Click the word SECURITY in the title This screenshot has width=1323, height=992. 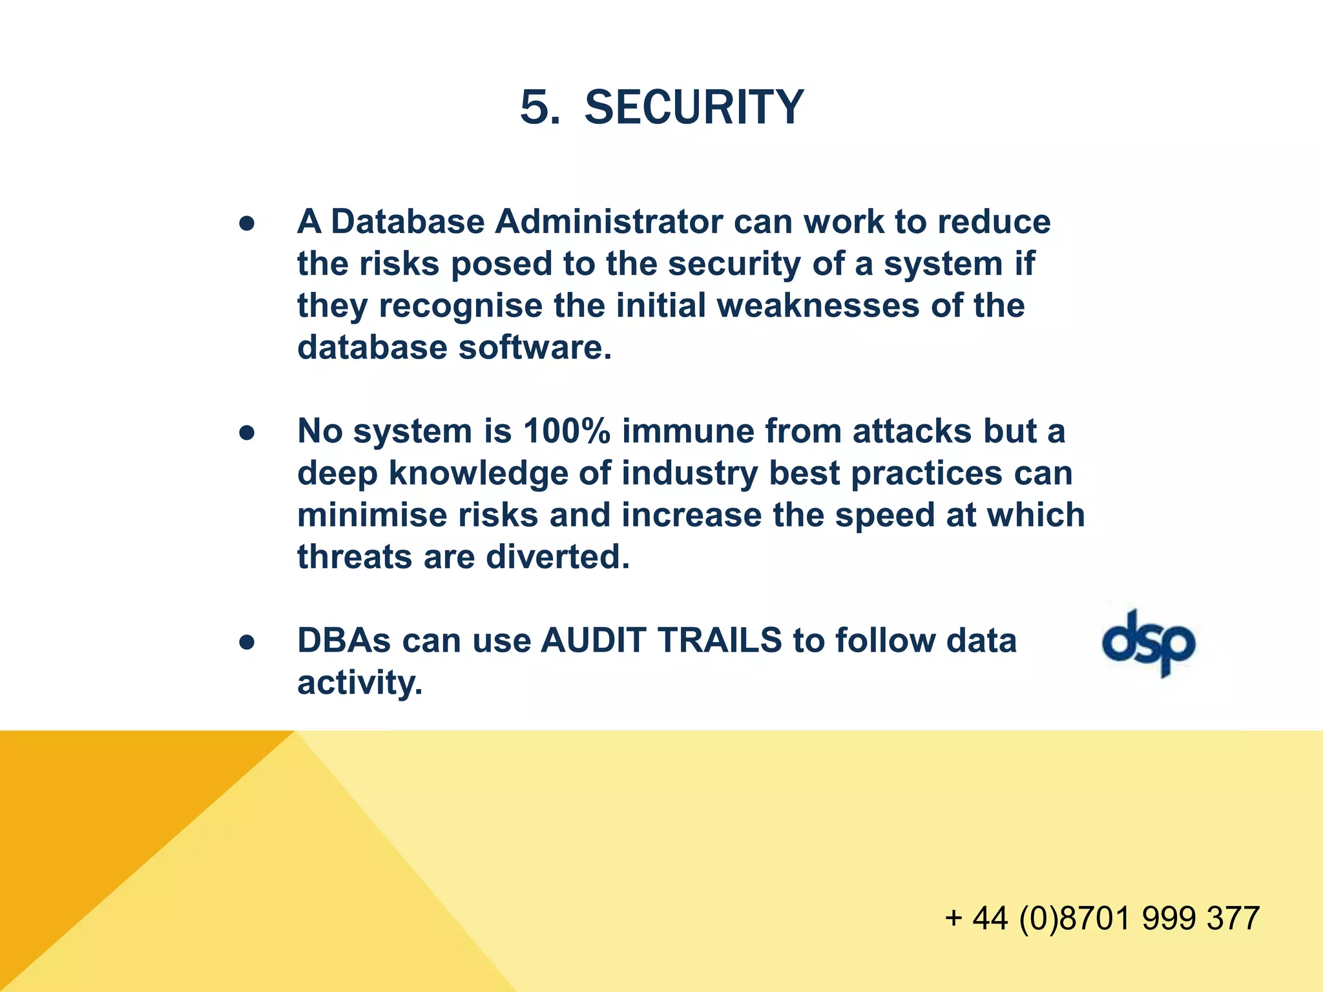tap(694, 107)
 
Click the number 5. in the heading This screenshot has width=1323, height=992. tap(540, 107)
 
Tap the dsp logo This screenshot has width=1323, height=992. tap(1149, 643)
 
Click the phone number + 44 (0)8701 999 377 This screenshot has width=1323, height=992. tap(1102, 918)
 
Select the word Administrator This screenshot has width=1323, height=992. tap(609, 222)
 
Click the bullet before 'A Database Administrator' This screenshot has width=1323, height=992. tap(247, 223)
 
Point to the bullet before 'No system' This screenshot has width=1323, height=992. tap(247, 433)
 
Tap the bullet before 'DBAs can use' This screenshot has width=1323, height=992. tap(247, 642)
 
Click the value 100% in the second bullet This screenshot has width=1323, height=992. tap(567, 431)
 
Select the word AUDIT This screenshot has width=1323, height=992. tap(594, 641)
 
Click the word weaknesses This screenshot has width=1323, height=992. tap(818, 306)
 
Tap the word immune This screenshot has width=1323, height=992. tap(688, 431)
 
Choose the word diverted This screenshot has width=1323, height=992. tap(557, 557)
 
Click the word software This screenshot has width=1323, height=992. tap(534, 348)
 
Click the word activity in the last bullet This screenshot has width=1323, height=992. tap(360, 683)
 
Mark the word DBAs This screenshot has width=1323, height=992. tap(344, 641)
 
